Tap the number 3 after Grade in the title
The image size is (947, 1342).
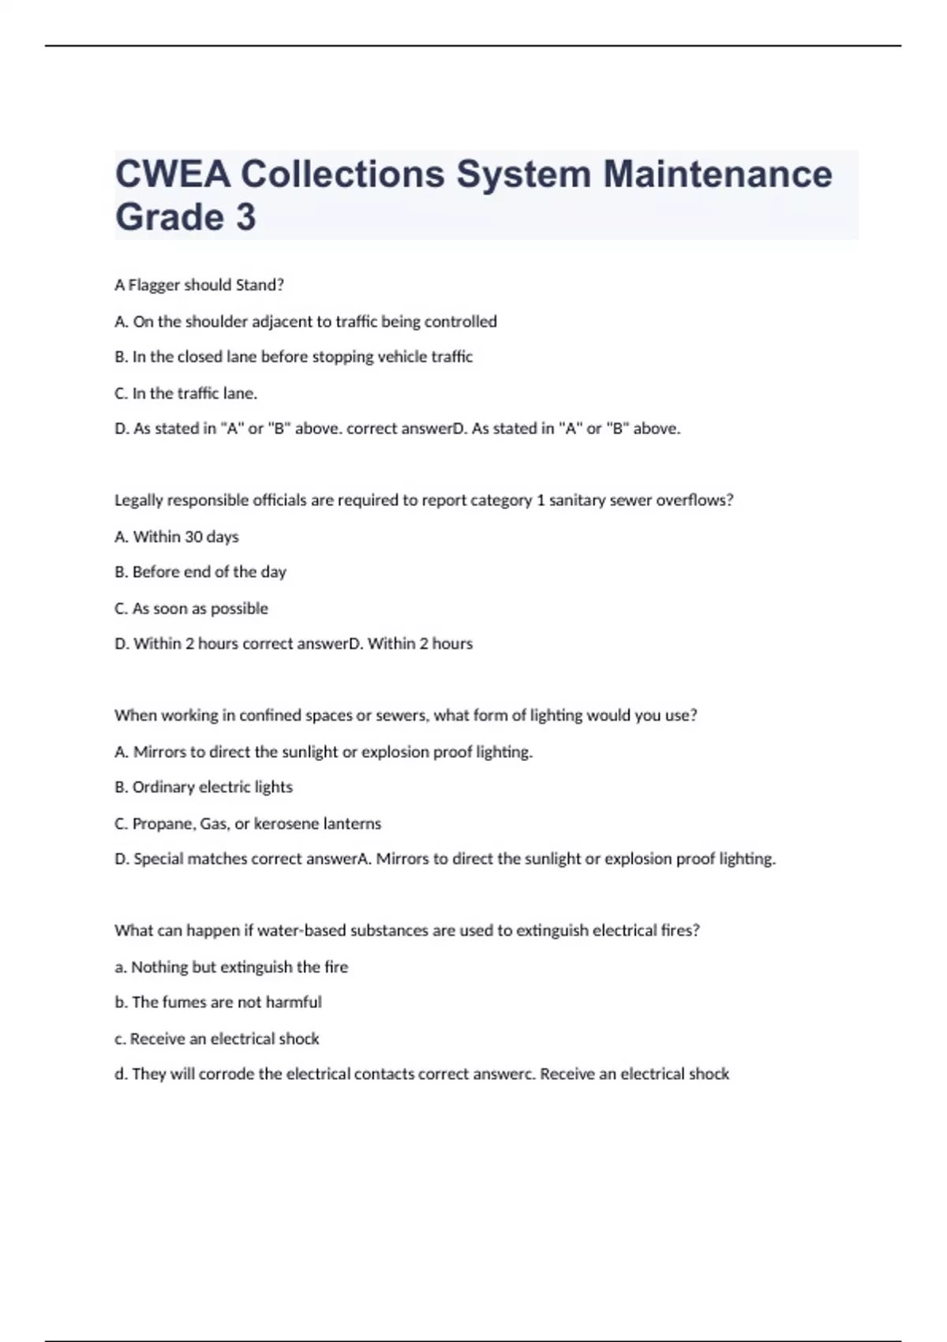tap(245, 217)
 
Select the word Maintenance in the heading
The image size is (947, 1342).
tap(717, 174)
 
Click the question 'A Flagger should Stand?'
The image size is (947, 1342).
tap(199, 285)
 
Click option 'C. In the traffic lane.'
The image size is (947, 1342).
tap(186, 393)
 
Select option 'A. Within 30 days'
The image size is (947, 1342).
tap(177, 537)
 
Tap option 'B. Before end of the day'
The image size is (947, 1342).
tap(200, 572)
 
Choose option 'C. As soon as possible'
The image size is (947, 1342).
tap(191, 609)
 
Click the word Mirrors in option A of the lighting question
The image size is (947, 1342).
tap(159, 752)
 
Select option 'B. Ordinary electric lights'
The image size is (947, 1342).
tap(204, 787)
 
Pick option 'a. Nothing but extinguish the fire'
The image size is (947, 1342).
tap(231, 967)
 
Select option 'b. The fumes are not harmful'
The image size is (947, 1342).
tap(218, 1003)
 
